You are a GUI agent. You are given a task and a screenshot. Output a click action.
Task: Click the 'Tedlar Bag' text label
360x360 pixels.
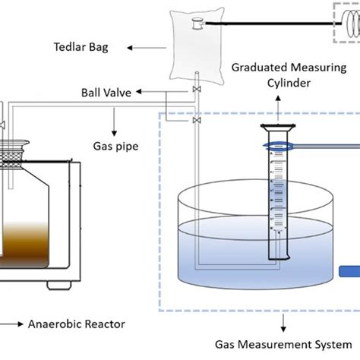tap(87, 47)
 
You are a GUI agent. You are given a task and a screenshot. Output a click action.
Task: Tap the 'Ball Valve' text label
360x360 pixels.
tap(106, 93)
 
